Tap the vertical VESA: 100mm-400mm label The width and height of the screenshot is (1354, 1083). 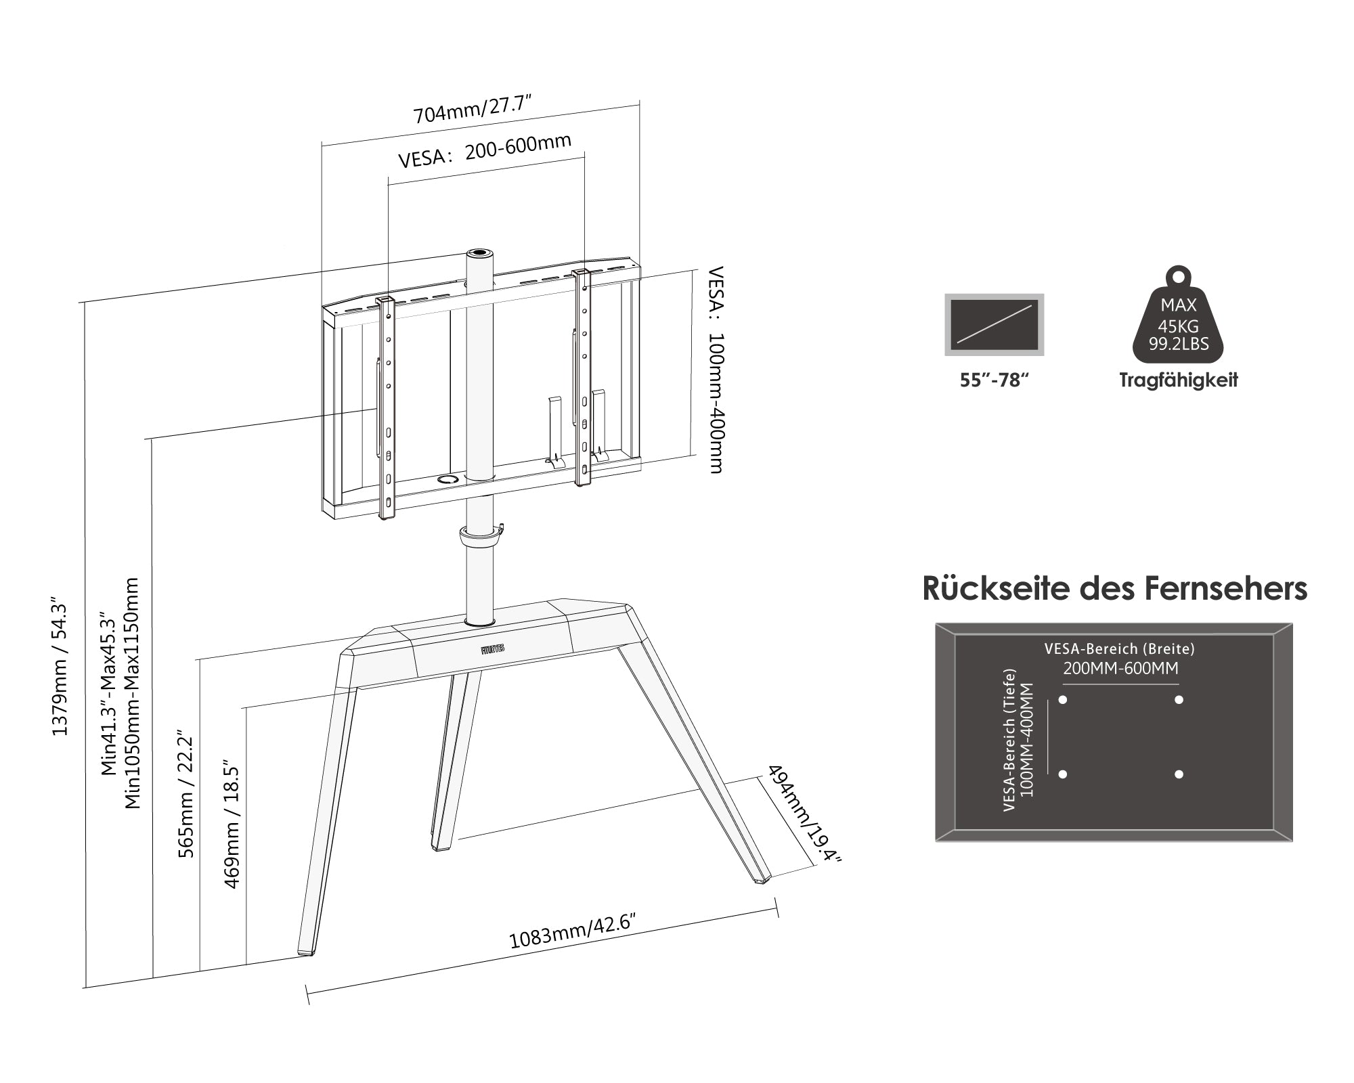click(715, 370)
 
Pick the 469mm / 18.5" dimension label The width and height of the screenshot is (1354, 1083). click(232, 823)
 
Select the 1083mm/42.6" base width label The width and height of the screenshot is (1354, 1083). click(573, 931)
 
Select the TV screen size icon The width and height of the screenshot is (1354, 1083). click(994, 325)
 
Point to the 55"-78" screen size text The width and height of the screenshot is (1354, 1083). click(994, 380)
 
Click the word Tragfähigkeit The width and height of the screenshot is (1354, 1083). click(1178, 380)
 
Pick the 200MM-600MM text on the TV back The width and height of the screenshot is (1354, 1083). click(1120, 669)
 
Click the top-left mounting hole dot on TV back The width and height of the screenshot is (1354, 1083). click(1063, 699)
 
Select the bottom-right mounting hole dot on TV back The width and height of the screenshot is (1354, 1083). click(1179, 774)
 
